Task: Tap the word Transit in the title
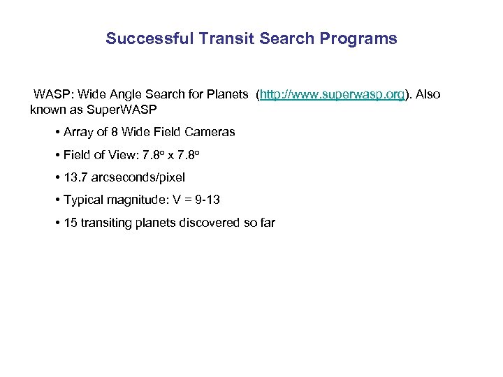point(221,38)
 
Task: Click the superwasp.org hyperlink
point(332,94)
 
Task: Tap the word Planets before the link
point(228,94)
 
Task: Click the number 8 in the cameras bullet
point(107,132)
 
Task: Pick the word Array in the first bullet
point(78,132)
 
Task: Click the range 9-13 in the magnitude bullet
point(205,200)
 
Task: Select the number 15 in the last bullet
point(70,223)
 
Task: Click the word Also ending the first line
point(428,94)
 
